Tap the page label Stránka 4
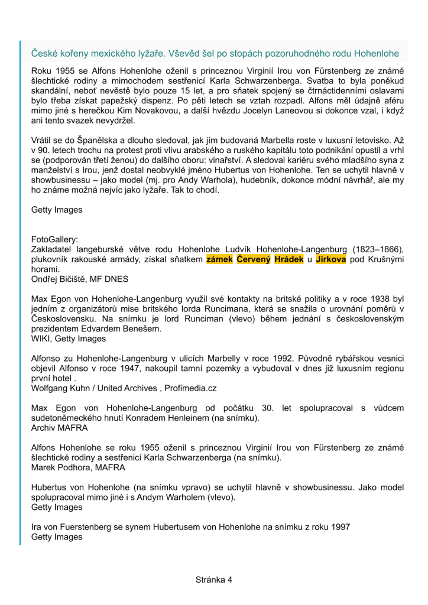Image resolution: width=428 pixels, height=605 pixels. pyautogui.click(x=214, y=580)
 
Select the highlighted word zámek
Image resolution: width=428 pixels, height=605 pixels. pyautogui.click(x=219, y=259)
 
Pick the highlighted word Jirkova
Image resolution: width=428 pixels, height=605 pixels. pyautogui.click(x=331, y=259)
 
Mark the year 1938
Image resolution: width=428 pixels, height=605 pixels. pyautogui.click(x=368, y=300)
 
